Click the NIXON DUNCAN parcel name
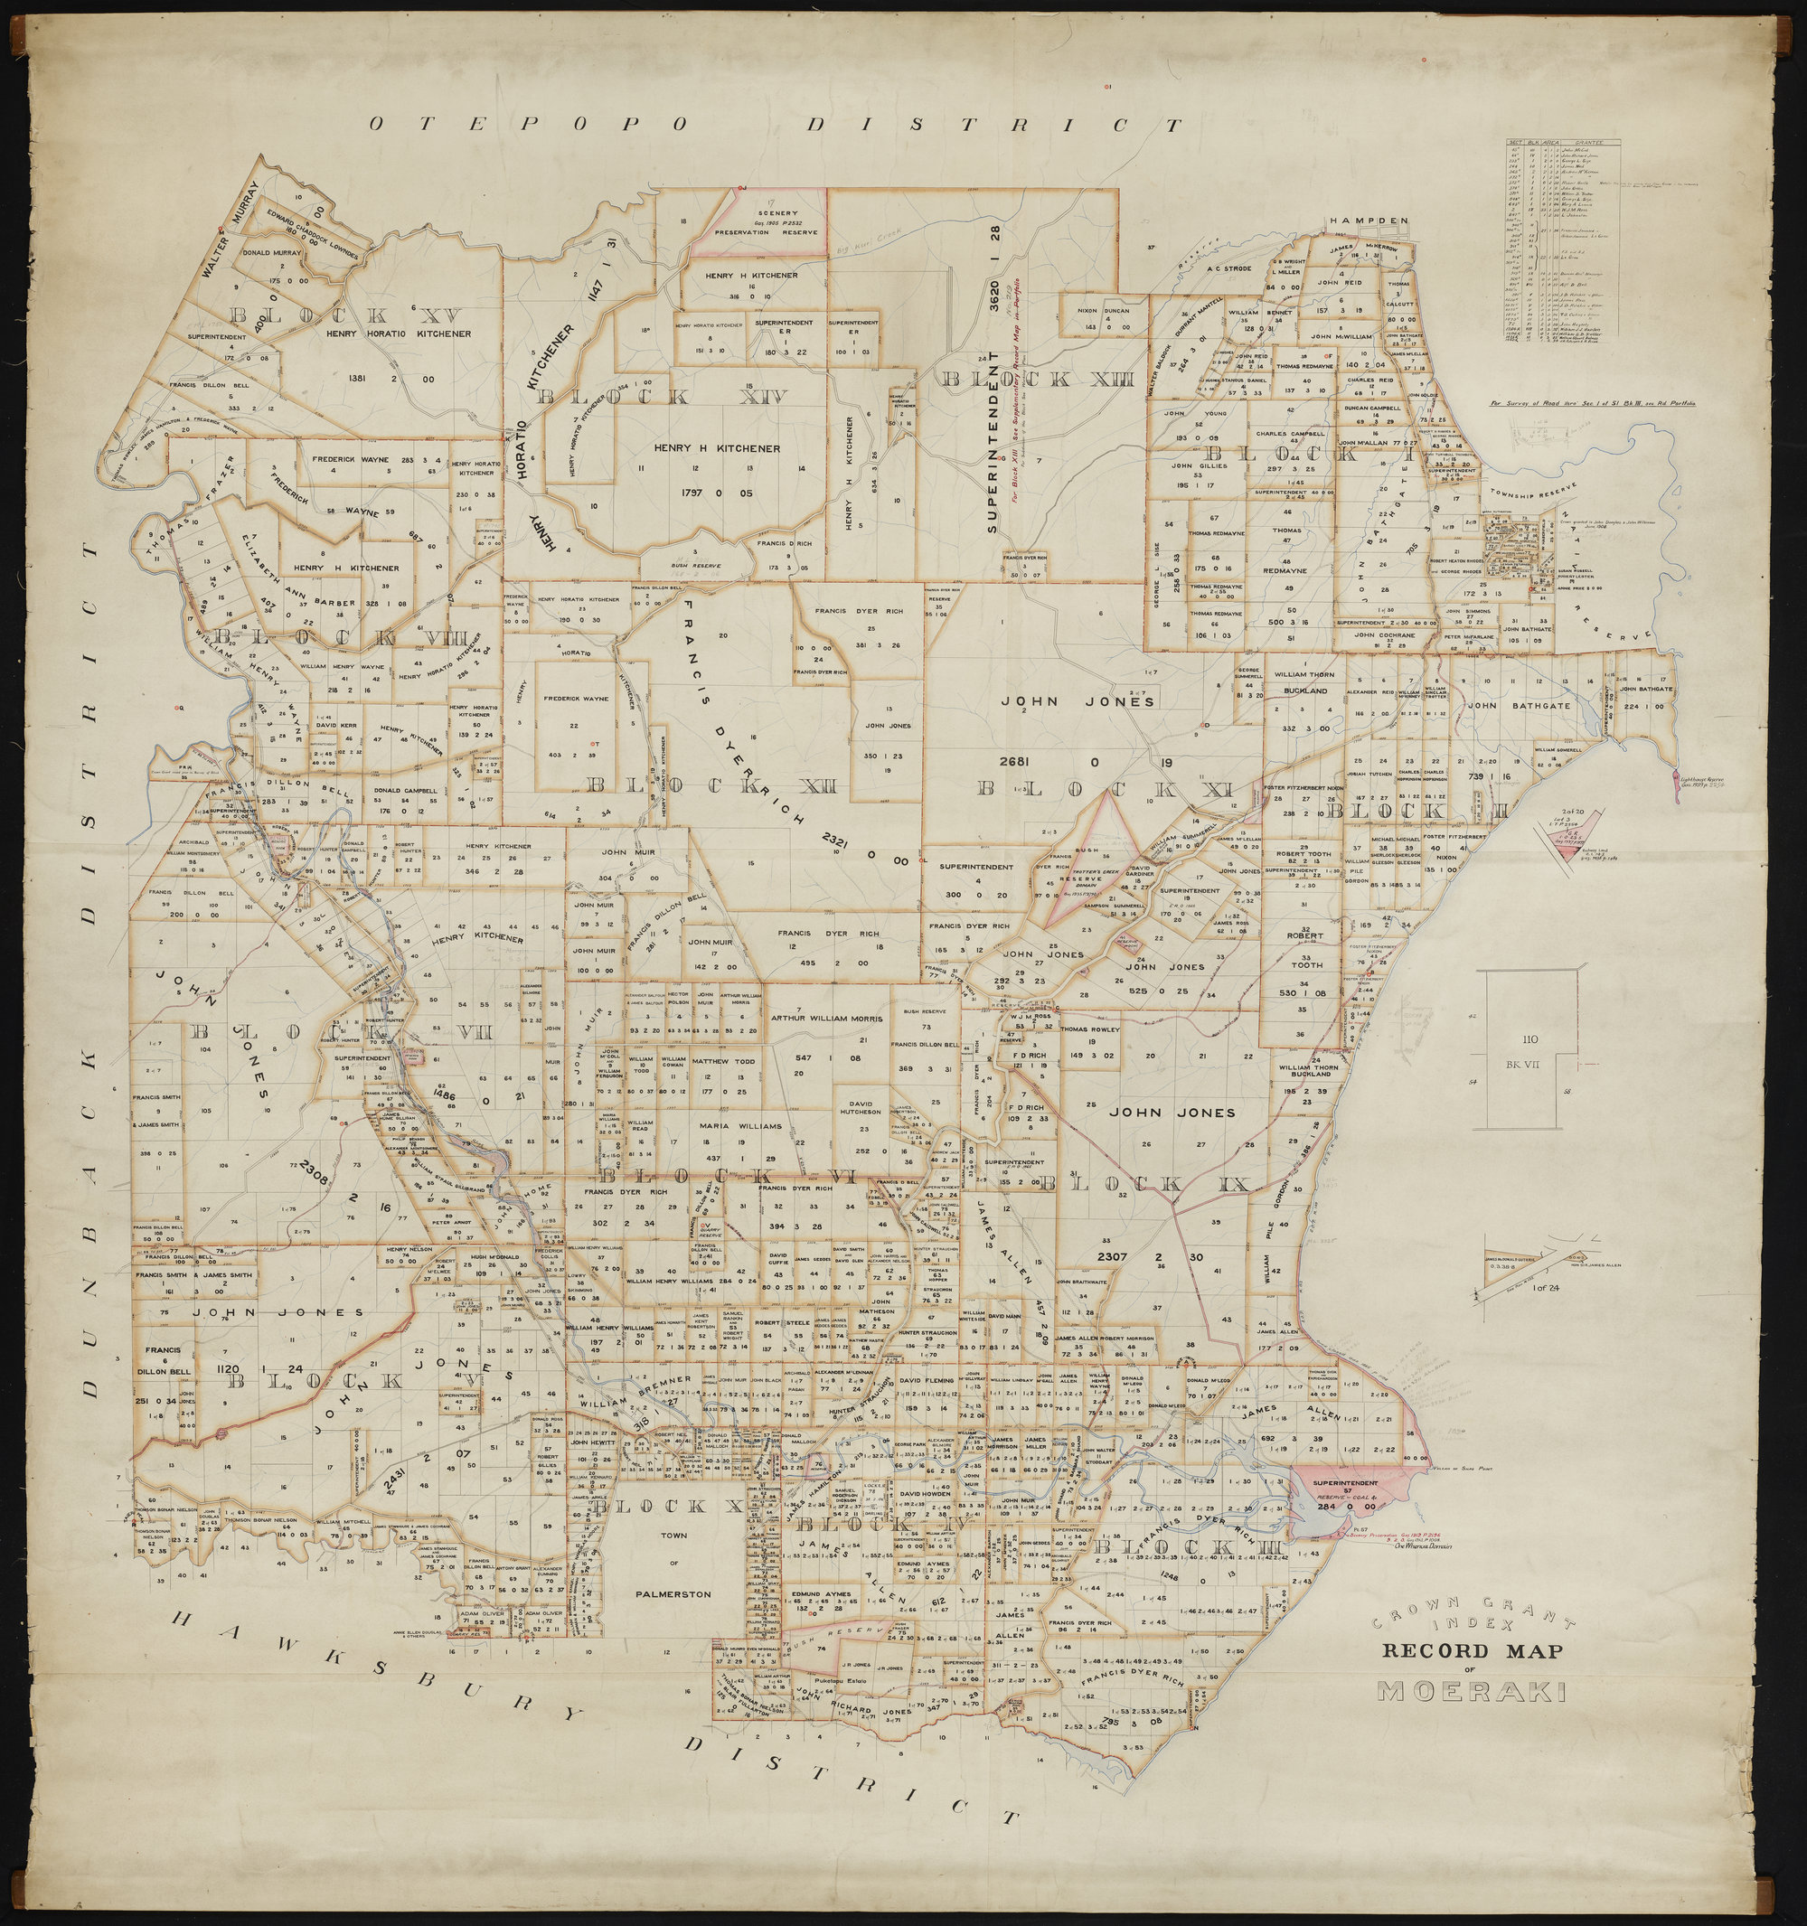click(x=1104, y=313)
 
